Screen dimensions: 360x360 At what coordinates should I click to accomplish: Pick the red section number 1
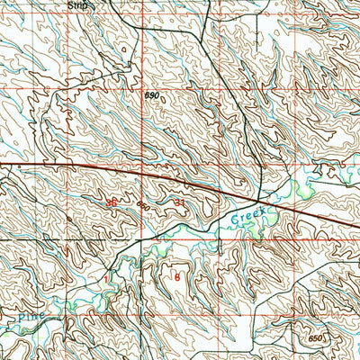[x=104, y=280]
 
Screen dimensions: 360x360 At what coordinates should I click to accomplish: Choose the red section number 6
[x=177, y=277]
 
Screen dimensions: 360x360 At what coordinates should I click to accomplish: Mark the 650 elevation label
[x=314, y=337]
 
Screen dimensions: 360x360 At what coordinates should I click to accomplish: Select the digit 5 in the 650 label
[x=314, y=337]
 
